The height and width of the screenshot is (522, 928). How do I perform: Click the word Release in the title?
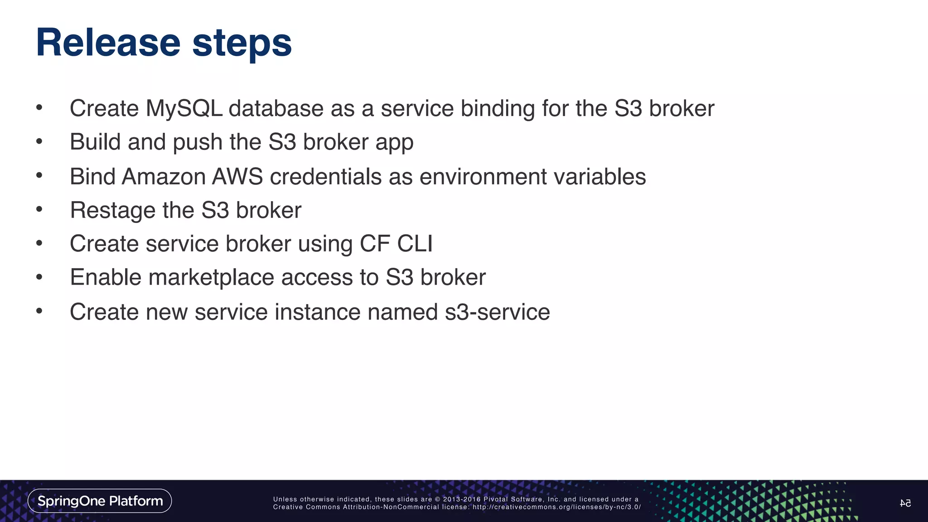(x=108, y=43)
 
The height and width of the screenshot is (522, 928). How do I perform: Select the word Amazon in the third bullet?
(x=164, y=177)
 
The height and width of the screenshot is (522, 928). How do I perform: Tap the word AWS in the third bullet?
(x=237, y=177)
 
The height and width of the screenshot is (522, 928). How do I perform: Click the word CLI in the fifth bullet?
(x=415, y=244)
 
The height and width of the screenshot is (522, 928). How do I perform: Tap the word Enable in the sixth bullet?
(x=106, y=277)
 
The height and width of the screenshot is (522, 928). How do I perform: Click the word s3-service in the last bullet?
(x=497, y=312)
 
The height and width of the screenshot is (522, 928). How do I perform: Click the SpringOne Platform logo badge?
(x=100, y=501)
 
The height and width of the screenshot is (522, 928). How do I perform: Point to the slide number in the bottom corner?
(x=905, y=503)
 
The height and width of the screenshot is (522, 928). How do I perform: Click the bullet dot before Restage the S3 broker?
(x=39, y=209)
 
